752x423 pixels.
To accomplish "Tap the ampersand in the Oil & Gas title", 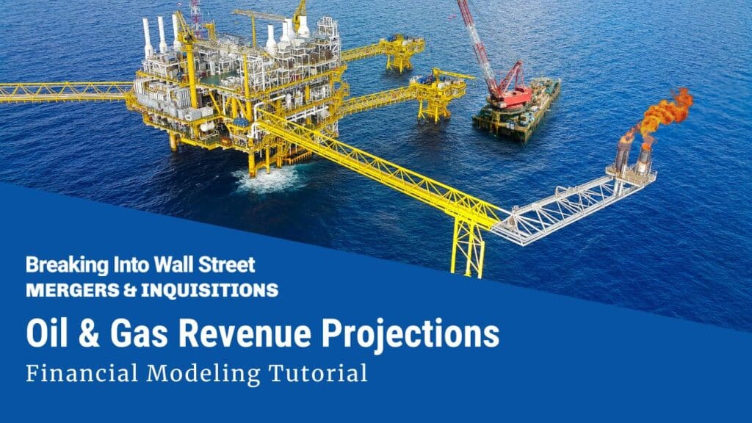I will (90, 334).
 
